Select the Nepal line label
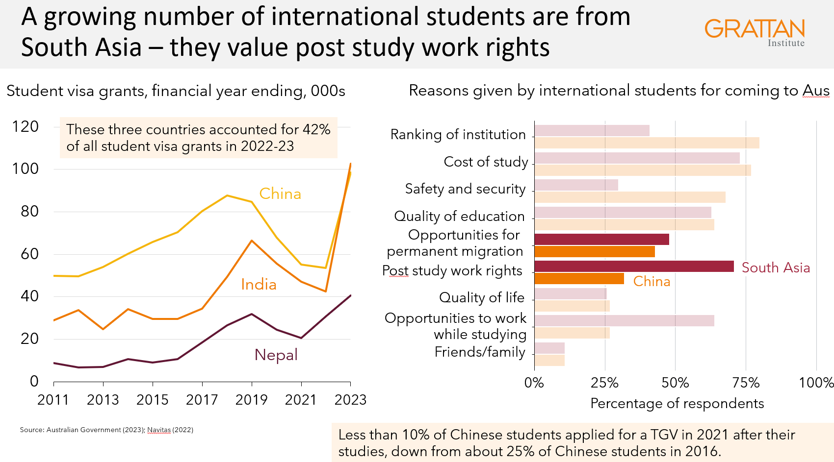coord(276,355)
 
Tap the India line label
coord(259,284)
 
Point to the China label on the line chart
coord(280,194)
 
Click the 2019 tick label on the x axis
coord(251,400)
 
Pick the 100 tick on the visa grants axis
coord(25,169)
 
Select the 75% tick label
coord(746,383)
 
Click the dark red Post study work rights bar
coord(634,266)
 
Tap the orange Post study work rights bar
coord(579,279)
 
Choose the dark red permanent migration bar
coord(601,239)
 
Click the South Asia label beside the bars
coord(776,267)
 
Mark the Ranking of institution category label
coord(458,134)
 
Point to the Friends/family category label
coord(480,352)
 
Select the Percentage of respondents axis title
coord(677,403)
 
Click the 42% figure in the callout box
coord(316,129)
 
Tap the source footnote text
coord(106,430)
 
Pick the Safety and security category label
coord(465,189)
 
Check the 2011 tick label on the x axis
coord(53,400)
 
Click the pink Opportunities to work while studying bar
coord(624,320)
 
